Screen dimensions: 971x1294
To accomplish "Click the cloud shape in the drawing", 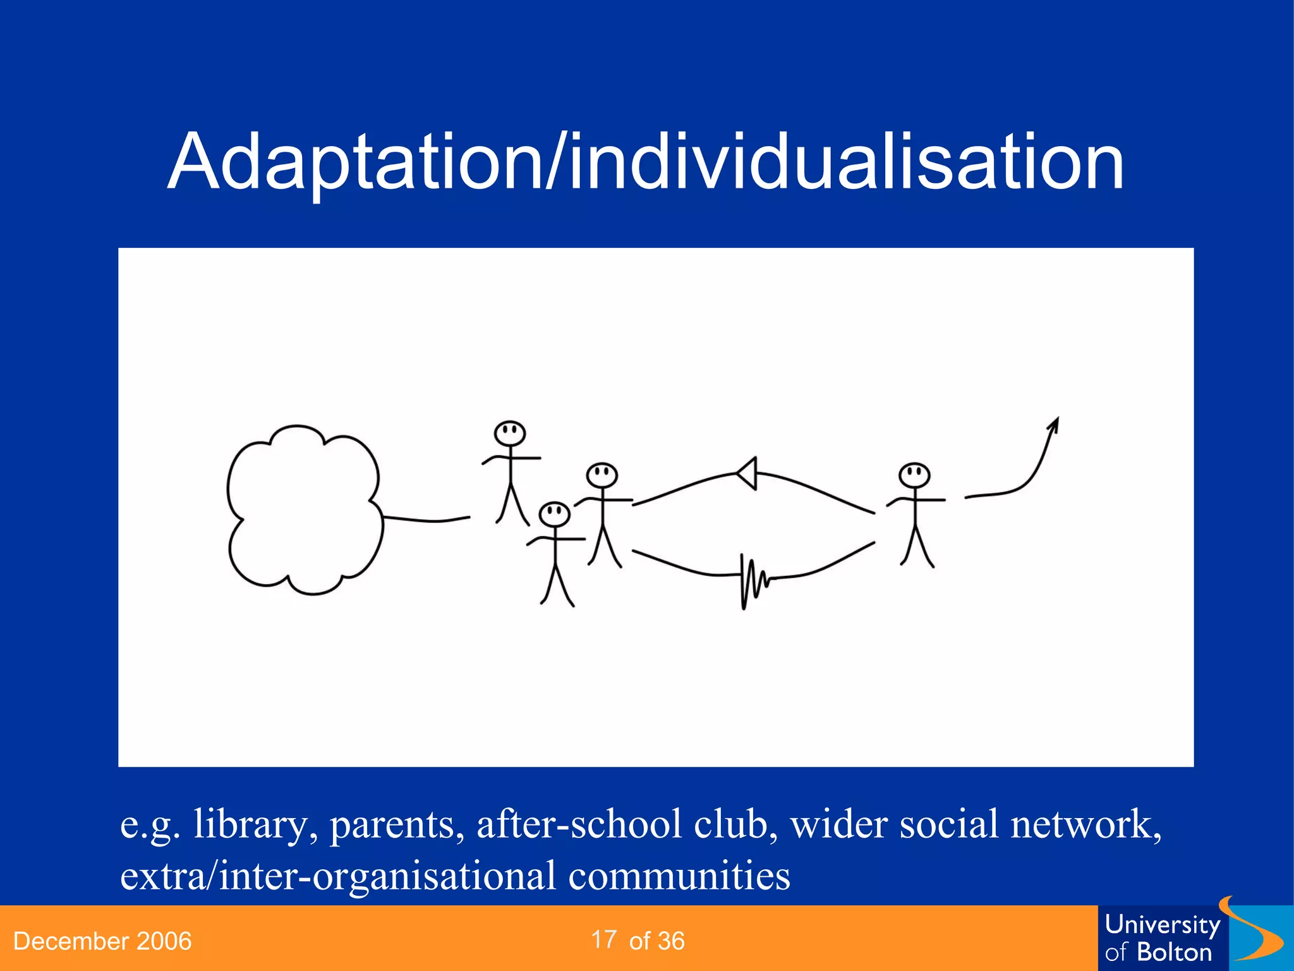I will (303, 509).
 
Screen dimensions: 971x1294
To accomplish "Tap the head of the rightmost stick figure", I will (914, 475).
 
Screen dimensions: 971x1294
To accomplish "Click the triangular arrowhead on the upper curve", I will (748, 473).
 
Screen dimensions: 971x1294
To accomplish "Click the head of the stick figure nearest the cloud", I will (510, 434).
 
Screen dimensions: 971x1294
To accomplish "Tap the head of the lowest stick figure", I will (555, 514).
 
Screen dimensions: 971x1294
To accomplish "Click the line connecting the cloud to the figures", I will (426, 520).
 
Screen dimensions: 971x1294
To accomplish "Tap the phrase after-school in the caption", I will (579, 824).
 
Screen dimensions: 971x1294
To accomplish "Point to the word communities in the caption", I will (679, 876).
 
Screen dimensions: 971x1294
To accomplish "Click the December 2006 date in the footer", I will (102, 941).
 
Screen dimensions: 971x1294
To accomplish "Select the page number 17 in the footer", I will (604, 940).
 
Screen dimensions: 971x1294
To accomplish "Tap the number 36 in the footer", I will (671, 941).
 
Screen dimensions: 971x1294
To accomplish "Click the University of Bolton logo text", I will (1161, 939).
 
